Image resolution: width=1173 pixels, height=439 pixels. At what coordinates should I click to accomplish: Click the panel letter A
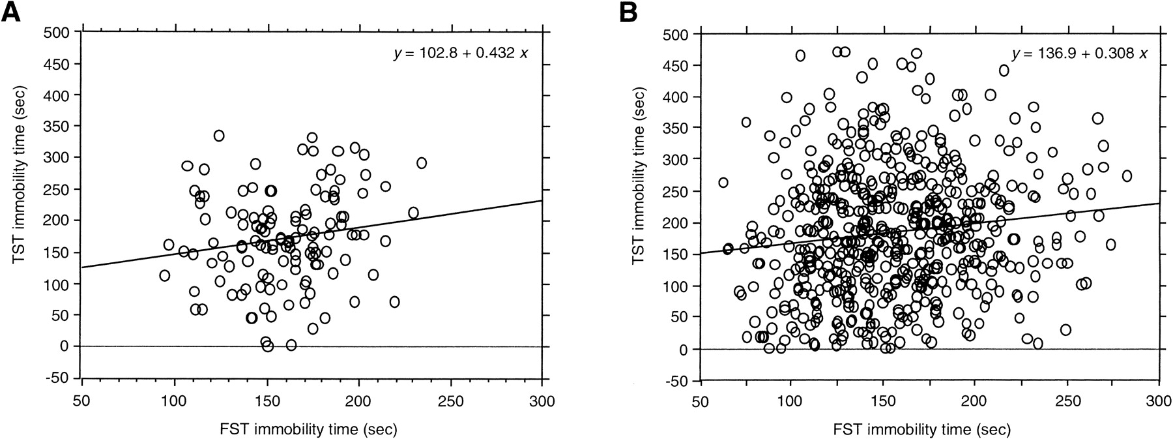coord(12,12)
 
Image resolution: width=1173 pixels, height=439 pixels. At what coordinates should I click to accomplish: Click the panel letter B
coord(629,12)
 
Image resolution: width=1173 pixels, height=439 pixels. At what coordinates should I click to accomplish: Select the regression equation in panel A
coord(460,53)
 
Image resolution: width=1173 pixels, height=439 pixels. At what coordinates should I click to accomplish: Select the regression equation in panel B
coord(1079,53)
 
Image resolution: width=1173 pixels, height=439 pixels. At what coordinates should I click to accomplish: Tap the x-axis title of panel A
coord(311,429)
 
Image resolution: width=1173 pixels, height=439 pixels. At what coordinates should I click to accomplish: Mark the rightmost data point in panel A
coord(422,162)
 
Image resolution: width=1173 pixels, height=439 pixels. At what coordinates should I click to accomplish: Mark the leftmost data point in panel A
coord(164,275)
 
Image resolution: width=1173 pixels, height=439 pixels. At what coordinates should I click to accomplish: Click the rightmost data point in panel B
coord(1126,175)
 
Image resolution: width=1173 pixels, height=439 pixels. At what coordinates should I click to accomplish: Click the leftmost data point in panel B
coord(723,183)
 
